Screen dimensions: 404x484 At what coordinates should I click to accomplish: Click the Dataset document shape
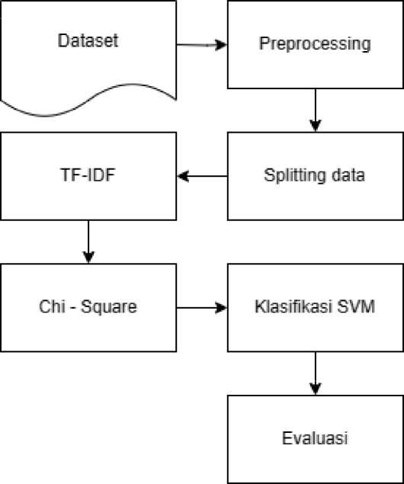88,56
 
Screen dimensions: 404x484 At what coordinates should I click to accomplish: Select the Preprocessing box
316,44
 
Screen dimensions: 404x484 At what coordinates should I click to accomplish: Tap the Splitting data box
316,176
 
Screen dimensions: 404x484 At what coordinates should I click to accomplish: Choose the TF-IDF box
88,176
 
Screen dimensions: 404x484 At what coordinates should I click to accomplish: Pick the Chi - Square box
88,308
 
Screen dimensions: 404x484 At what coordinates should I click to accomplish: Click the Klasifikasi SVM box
316,308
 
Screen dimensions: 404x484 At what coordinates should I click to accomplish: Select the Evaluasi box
316,439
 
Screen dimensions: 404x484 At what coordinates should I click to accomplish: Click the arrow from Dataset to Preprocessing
202,45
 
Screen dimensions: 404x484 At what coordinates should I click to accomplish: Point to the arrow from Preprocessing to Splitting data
316,111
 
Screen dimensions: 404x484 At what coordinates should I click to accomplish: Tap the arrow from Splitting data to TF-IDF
202,176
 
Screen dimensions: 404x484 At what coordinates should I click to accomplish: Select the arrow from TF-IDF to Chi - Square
88,242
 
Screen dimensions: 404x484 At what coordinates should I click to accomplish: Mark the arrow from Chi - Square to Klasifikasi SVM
202,308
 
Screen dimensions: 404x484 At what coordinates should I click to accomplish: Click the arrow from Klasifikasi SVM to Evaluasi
316,373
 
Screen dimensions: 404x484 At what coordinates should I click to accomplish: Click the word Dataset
88,40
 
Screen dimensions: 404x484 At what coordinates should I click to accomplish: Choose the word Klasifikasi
293,306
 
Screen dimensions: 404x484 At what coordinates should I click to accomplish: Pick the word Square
109,307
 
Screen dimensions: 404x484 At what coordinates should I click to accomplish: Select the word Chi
52,306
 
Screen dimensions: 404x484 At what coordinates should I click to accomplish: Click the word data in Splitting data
348,175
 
